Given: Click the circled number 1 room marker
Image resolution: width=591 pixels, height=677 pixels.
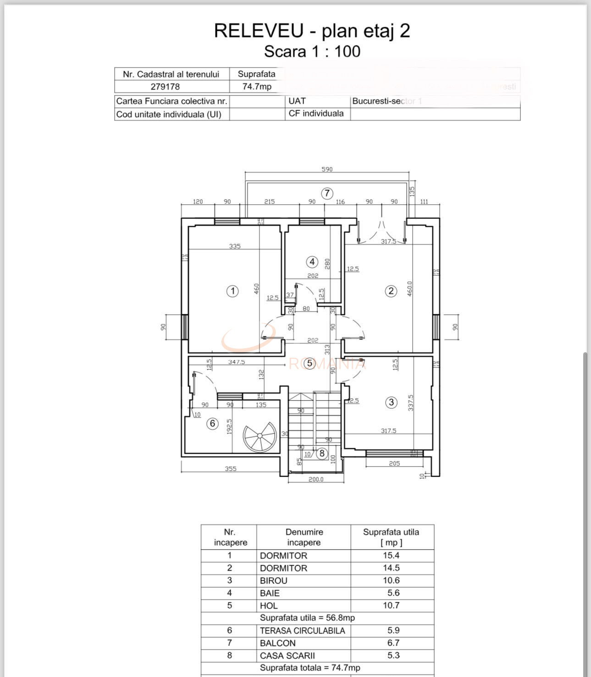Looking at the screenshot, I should (x=233, y=291).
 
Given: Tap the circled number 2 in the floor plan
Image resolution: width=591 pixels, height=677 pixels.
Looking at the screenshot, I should (x=391, y=291).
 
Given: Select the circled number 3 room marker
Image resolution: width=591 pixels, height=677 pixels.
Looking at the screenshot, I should (x=391, y=402).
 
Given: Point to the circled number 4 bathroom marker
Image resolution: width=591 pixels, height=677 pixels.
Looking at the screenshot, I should (x=312, y=262).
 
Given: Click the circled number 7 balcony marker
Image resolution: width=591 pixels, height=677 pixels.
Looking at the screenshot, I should (x=327, y=193).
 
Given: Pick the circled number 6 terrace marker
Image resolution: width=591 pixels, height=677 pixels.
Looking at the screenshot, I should (x=212, y=423).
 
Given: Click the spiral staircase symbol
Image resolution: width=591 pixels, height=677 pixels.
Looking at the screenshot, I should (x=260, y=437).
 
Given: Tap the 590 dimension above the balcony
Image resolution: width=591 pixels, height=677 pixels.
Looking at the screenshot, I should (x=327, y=169).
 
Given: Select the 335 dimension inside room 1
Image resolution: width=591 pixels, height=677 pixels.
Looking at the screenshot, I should (x=235, y=246).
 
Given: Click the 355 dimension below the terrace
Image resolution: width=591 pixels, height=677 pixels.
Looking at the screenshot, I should (x=231, y=469).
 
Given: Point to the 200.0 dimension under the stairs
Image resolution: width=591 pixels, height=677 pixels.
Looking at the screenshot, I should (x=316, y=479).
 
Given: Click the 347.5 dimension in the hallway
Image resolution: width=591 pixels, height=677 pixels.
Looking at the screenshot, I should (x=237, y=362).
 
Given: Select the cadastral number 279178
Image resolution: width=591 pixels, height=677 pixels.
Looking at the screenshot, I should (x=165, y=87).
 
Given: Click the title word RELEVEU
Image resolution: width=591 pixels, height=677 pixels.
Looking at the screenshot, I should (x=259, y=31).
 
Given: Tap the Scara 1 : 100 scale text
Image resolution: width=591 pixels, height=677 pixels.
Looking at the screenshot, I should (x=312, y=51).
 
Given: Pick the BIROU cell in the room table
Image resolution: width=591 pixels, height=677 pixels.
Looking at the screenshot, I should (x=274, y=581).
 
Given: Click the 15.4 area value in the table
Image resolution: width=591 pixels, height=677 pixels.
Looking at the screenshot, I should (x=391, y=555).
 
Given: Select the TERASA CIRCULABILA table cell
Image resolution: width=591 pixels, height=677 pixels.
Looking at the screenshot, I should (x=302, y=631).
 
